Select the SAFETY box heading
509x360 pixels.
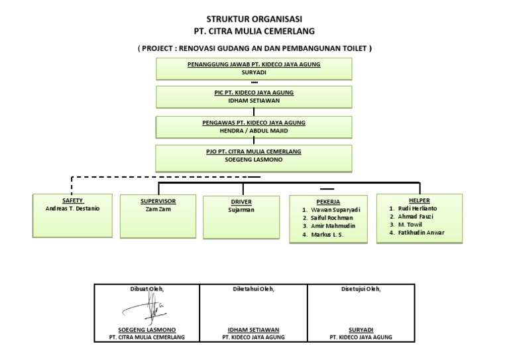[73, 200]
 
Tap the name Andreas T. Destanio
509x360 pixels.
[73, 208]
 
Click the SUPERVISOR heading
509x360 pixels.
[158, 200]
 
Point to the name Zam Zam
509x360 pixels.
[158, 209]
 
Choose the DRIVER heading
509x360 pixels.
[242, 202]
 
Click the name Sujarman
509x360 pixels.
[242, 210]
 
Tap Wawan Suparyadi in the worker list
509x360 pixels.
[332, 210]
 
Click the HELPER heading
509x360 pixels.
[420, 200]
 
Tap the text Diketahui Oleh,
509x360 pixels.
[253, 289]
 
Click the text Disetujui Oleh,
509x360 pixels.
[361, 289]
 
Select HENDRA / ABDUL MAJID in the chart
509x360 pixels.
[254, 131]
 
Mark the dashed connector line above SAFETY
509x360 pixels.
[166, 177]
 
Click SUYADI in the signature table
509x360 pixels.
[361, 330]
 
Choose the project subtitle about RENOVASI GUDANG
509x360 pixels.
[254, 48]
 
